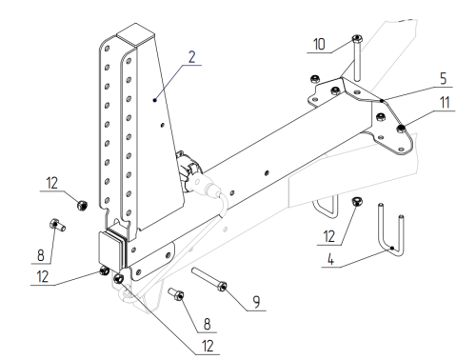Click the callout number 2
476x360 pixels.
[x=192, y=57]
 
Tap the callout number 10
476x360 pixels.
[x=319, y=44]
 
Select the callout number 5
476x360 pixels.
[x=444, y=78]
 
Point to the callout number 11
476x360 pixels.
[x=445, y=103]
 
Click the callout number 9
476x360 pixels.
[x=256, y=302]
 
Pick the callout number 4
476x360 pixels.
[x=330, y=259]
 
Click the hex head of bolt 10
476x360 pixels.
[x=357, y=39]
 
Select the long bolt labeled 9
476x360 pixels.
[x=209, y=280]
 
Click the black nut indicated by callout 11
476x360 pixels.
[x=401, y=129]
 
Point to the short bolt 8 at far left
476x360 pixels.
[x=57, y=225]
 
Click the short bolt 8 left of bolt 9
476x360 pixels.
[x=176, y=293]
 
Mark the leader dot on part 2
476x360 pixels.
[x=155, y=100]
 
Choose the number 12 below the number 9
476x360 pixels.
[x=208, y=346]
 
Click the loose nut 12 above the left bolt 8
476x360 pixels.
[x=83, y=205]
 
